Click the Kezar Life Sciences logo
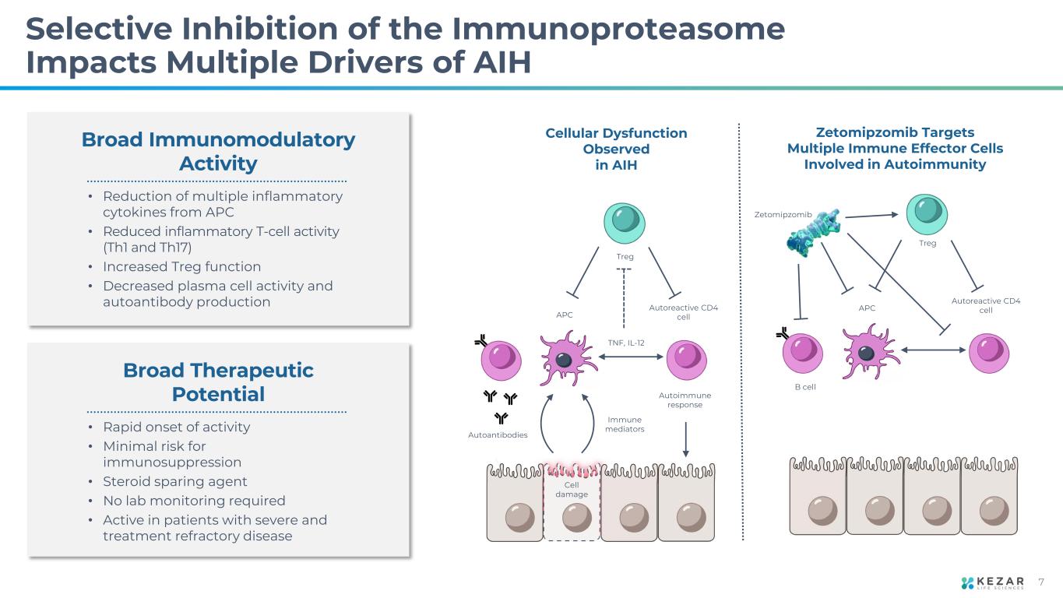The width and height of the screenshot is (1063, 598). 998,583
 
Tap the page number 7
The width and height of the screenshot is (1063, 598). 1042,583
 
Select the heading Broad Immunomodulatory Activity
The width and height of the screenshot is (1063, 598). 218,152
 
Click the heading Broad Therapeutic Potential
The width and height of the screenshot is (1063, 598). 218,382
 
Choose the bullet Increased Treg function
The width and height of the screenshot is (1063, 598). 181,266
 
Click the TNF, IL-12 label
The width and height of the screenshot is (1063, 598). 626,343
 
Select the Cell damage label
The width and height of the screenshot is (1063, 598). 572,489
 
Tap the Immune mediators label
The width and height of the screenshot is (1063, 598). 625,424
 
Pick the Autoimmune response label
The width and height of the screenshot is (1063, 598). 685,399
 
